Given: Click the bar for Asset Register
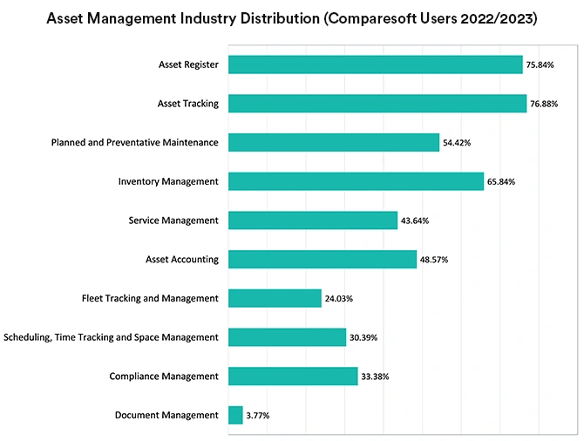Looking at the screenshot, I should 375,64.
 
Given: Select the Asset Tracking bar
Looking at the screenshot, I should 377,104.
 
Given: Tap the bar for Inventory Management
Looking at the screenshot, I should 356,181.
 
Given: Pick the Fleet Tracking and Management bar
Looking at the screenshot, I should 275,298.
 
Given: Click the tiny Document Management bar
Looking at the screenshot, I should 235,416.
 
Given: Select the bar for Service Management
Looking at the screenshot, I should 312,220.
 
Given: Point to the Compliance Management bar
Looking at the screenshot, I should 293,377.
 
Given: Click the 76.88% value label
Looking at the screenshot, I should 547,104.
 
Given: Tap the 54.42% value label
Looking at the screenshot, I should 458,143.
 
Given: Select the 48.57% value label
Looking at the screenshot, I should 435,260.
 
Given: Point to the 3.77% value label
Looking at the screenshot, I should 258,416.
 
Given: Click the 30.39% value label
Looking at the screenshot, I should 364,337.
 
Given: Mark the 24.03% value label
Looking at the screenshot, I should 339,298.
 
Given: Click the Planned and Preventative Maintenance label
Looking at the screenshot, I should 134,142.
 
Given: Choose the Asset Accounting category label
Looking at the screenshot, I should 182,259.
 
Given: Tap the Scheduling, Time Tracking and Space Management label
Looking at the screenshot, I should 111,337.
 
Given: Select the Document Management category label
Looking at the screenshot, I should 166,415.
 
